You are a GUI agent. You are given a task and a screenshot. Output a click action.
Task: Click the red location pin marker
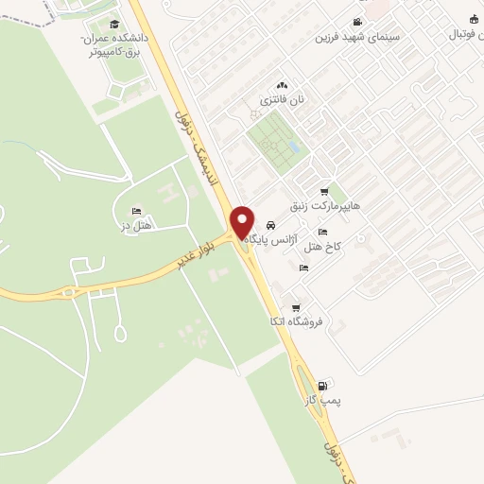click(x=242, y=222)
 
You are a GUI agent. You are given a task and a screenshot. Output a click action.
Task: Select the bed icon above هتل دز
click(x=138, y=210)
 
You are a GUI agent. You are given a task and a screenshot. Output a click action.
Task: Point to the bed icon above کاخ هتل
click(x=322, y=232)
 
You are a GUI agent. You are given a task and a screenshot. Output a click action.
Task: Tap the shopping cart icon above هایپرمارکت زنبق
click(x=325, y=191)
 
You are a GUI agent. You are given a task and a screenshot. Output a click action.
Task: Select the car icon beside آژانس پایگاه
click(x=271, y=227)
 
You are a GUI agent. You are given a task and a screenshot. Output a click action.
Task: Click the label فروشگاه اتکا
click(x=296, y=321)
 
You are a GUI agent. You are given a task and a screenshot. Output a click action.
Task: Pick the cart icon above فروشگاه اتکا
click(x=296, y=308)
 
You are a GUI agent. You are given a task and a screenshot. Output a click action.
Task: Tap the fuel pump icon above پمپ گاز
click(x=324, y=386)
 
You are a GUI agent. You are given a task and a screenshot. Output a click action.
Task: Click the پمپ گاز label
click(x=320, y=401)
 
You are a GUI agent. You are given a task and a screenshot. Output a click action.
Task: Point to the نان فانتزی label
click(x=281, y=98)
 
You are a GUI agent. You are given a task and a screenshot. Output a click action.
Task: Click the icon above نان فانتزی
click(x=281, y=85)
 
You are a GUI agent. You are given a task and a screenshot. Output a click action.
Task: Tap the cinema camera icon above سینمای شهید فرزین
click(x=356, y=22)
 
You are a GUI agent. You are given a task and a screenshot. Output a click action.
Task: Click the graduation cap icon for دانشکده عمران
click(x=114, y=25)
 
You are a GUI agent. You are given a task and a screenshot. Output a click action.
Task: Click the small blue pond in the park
click(x=295, y=148)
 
